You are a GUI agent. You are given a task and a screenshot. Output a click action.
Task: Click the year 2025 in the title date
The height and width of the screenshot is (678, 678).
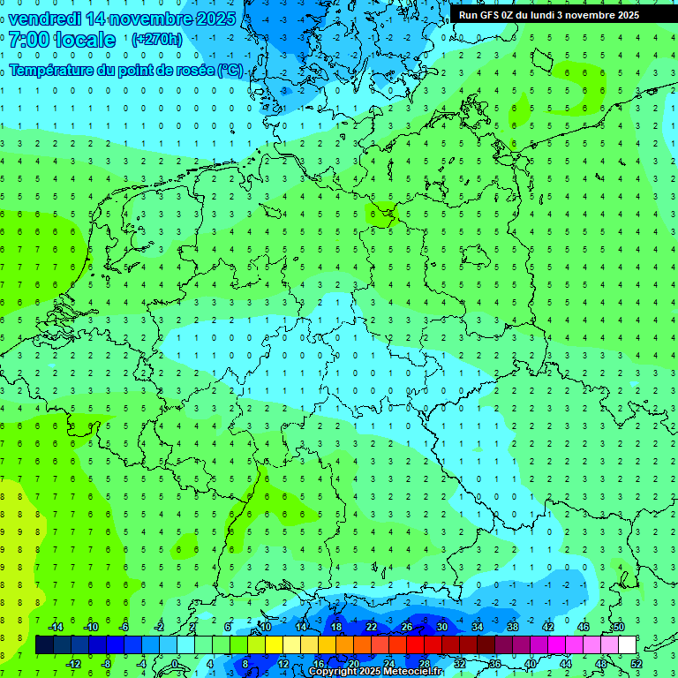[212, 19]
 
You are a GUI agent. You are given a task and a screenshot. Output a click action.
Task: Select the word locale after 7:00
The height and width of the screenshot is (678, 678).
[84, 39]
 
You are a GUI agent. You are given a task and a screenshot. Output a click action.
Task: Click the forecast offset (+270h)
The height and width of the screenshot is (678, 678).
[157, 39]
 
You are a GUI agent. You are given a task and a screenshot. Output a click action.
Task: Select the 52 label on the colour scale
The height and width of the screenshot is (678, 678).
[636, 663]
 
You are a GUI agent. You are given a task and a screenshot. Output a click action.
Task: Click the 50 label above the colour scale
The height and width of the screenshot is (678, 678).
[618, 627]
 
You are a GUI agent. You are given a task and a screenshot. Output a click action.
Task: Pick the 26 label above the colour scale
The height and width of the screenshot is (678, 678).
[406, 627]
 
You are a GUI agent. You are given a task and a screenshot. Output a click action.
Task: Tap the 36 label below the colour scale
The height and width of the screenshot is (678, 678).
[494, 663]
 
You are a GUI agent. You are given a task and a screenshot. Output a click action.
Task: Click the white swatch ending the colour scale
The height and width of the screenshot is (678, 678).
[627, 645]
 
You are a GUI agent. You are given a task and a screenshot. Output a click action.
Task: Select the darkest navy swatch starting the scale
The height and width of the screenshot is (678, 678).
[44, 645]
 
